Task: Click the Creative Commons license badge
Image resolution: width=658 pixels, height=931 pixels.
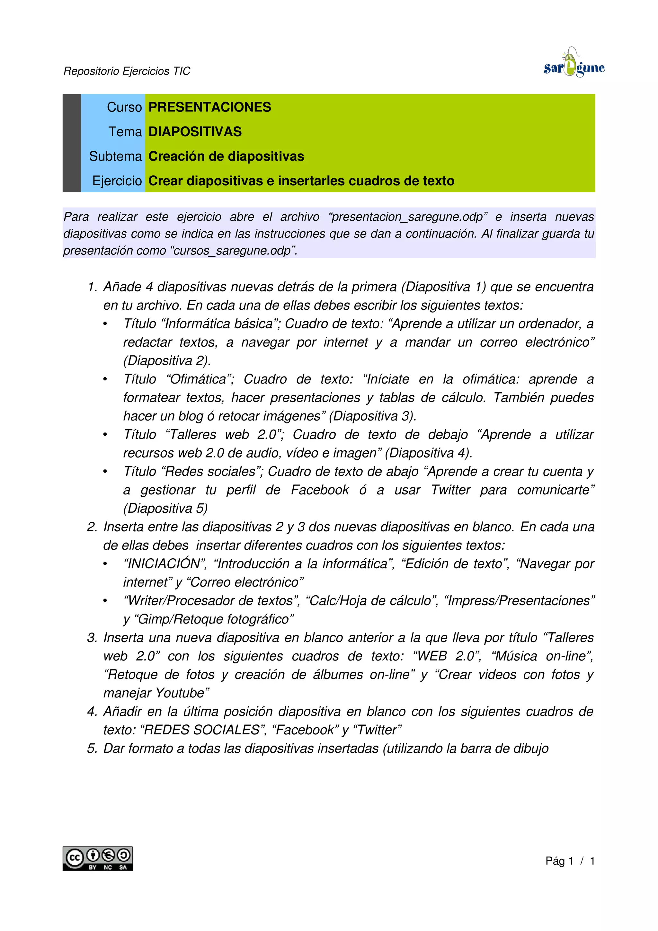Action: pos(97,858)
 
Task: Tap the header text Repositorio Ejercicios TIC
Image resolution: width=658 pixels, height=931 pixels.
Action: pos(127,71)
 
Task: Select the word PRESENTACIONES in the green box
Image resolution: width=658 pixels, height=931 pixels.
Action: pos(209,107)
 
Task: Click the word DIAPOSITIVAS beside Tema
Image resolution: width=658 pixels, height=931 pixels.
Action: pos(195,132)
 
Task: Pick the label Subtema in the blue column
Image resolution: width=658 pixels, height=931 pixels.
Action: pos(116,156)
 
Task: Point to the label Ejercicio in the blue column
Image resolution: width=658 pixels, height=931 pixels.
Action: pos(117,181)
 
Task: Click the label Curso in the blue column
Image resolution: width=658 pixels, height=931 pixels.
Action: pos(124,107)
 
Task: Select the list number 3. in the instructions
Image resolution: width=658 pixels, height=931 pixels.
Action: pos(93,637)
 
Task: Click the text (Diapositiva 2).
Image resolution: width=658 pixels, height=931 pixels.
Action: pos(167,360)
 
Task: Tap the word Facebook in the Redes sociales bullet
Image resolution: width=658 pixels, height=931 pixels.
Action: pos(320,490)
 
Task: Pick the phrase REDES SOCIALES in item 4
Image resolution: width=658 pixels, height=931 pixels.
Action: pos(201,730)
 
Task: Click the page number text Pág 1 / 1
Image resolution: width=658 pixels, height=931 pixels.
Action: pos(570,861)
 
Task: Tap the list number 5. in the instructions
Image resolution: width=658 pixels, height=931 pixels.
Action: pos(93,748)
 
